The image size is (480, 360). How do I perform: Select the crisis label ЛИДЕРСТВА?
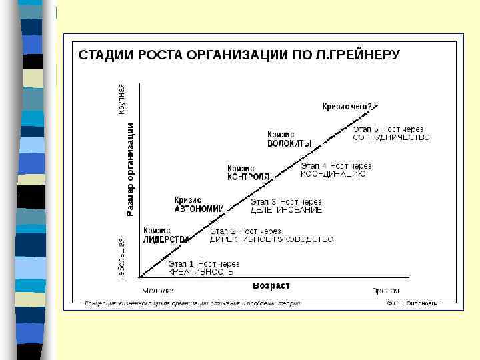(x=167, y=239)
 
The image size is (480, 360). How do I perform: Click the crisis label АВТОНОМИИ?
(x=199, y=208)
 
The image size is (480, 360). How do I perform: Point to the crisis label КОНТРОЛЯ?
(x=249, y=177)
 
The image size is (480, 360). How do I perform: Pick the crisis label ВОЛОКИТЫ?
(x=289, y=143)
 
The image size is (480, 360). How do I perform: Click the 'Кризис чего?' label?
(x=347, y=105)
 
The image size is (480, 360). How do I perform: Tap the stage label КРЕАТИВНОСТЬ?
(x=201, y=272)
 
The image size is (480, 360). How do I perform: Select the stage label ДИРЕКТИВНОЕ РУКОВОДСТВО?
(x=271, y=239)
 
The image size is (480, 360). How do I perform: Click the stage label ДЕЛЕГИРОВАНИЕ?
(x=286, y=209)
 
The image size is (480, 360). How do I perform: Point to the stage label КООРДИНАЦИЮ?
(x=333, y=174)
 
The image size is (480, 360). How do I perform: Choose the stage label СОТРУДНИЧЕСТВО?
(x=391, y=137)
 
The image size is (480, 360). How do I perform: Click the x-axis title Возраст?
(x=271, y=286)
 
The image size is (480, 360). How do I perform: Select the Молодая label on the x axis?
(x=159, y=291)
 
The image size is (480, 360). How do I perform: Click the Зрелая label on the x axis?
(x=385, y=291)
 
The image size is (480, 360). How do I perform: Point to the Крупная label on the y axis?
(x=121, y=99)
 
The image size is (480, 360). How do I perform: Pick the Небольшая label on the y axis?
(x=121, y=259)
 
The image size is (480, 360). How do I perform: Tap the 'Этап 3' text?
(x=263, y=201)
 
